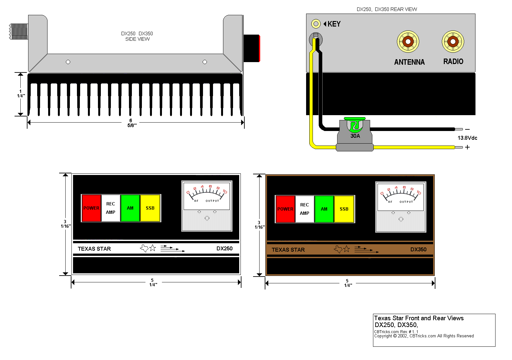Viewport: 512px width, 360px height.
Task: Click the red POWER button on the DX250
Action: tap(91, 208)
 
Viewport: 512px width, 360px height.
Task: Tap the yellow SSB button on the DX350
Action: tap(344, 209)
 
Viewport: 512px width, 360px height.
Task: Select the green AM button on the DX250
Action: tap(130, 208)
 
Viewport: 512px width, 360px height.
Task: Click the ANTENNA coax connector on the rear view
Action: tap(408, 42)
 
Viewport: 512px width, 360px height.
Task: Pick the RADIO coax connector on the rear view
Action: tap(453, 41)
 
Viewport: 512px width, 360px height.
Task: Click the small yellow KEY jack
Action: tap(316, 24)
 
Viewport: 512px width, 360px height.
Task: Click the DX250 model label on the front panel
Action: tap(224, 248)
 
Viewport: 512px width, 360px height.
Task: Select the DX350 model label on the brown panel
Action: tap(418, 249)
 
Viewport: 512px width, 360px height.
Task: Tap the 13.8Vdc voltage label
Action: tap(467, 138)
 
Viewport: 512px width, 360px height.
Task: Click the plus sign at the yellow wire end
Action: tap(467, 147)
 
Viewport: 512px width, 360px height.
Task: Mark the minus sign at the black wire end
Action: tap(467, 129)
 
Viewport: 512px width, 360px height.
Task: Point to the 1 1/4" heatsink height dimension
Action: tap(21, 93)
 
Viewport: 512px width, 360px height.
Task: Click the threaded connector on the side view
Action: tap(19, 31)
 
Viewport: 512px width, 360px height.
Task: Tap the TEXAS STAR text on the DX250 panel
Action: tap(94, 249)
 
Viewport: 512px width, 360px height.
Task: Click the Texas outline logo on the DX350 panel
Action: tap(338, 249)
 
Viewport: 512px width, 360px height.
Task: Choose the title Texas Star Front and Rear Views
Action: tap(419, 318)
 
